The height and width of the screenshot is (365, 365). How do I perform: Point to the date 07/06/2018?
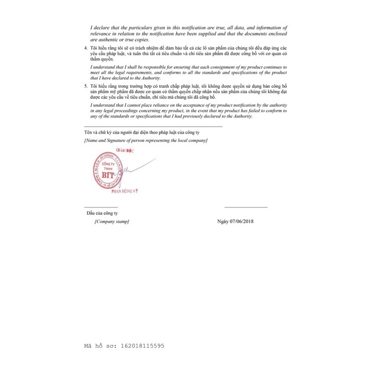(x=241, y=221)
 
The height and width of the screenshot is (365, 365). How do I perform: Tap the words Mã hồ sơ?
(x=98, y=345)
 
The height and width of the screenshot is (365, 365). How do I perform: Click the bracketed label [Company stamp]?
(x=112, y=221)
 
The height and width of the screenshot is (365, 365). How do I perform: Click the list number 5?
(x=86, y=84)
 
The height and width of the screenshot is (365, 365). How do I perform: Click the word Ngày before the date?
(x=223, y=221)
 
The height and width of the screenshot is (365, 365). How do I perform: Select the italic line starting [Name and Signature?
(x=145, y=140)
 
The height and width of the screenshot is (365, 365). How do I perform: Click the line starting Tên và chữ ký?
(x=137, y=132)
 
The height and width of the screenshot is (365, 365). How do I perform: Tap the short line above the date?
(x=246, y=207)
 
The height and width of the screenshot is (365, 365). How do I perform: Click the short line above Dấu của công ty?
(x=100, y=207)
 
